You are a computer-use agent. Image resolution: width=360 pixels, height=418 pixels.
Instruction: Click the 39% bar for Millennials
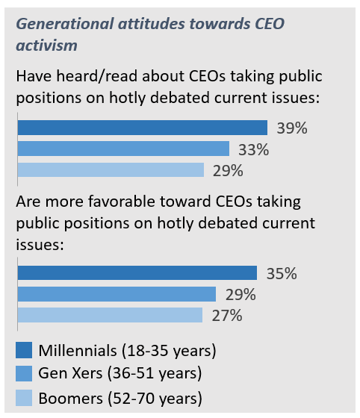click(142, 128)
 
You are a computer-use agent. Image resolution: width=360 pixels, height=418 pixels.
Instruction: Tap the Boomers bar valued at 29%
click(111, 170)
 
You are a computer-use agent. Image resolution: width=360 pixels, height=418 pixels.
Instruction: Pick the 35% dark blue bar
click(137, 273)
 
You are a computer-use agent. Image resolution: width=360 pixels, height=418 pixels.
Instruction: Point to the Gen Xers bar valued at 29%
click(117, 294)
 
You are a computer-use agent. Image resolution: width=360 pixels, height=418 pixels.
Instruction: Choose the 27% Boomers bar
click(110, 315)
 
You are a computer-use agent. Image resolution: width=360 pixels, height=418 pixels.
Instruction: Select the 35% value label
click(281, 273)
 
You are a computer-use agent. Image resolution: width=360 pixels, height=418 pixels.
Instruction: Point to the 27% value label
click(226, 315)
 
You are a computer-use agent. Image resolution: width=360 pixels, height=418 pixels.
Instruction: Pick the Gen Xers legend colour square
click(24, 373)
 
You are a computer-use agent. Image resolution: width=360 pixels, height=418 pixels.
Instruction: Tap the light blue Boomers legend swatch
click(24, 396)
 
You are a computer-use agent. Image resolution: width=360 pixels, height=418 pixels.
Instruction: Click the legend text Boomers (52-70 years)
click(120, 396)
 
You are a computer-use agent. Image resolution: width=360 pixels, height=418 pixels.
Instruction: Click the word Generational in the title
click(63, 24)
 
